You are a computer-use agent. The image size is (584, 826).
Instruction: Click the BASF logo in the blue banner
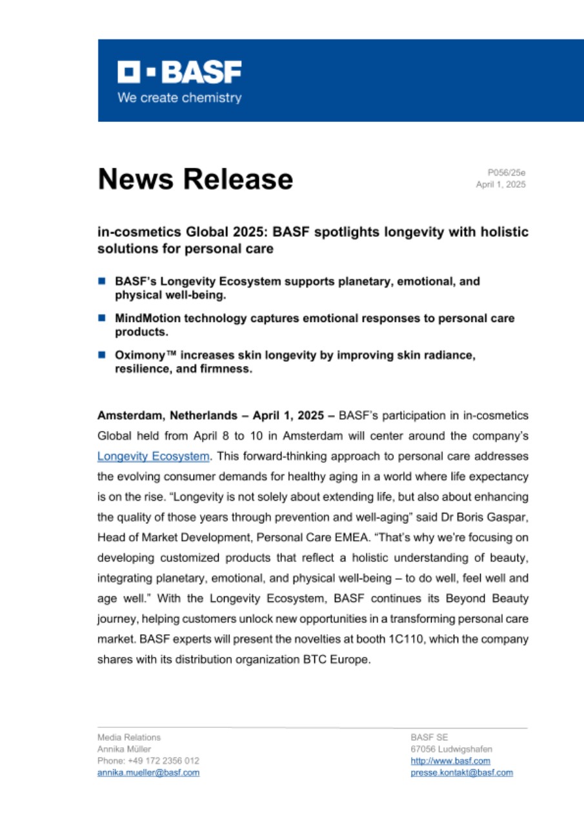click(179, 72)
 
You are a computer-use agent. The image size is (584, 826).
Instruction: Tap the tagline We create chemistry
click(179, 98)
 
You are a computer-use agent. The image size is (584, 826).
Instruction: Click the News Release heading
click(195, 179)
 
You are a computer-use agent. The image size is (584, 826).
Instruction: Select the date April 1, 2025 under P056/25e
click(501, 184)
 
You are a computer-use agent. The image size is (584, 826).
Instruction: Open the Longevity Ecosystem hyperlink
click(154, 456)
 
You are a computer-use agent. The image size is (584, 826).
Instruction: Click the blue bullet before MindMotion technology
click(102, 318)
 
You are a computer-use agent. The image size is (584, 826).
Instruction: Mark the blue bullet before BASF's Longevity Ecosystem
click(102, 281)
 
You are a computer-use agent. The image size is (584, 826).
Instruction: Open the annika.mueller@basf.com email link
click(148, 772)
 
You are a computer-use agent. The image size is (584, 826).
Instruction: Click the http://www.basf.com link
click(450, 761)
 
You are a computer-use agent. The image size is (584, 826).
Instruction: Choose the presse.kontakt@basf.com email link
click(461, 772)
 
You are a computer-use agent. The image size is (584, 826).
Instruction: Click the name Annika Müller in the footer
click(124, 749)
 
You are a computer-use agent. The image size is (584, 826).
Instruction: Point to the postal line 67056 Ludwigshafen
click(451, 749)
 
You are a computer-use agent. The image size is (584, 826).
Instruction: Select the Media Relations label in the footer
click(129, 737)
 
